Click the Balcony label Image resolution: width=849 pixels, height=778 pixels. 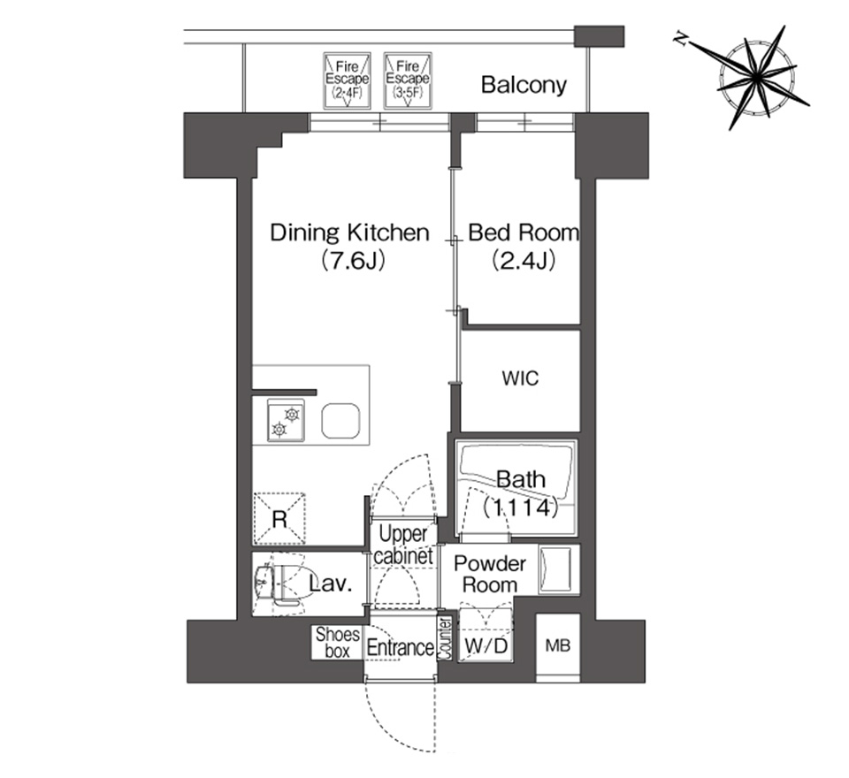524,85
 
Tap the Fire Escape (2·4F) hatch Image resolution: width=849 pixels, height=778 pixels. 347,80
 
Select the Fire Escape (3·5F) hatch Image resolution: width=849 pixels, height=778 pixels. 408,80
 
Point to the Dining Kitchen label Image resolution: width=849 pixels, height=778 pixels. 350,233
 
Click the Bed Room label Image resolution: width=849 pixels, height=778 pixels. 523,233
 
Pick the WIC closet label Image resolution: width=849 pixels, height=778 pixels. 520,378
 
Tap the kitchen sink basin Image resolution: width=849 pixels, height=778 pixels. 341,421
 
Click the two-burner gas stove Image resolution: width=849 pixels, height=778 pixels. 286,421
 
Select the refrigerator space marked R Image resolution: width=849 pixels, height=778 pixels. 279,519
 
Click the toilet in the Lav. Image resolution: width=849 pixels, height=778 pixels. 279,584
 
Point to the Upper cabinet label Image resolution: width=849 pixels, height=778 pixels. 403,545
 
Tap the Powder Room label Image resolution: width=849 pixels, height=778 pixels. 490,574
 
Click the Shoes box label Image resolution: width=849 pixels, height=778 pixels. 337,643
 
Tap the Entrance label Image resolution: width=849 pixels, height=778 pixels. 400,647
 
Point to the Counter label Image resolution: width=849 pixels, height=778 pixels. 445,639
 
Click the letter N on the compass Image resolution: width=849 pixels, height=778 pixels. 681,38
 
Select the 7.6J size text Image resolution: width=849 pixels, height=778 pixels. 352,261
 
